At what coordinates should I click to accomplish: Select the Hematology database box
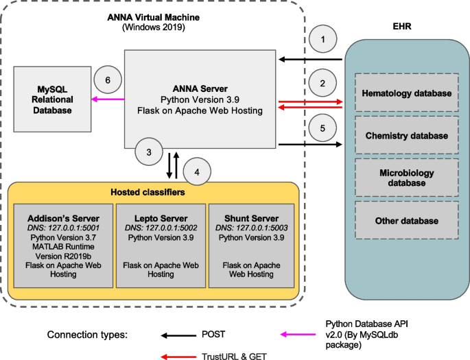(407, 93)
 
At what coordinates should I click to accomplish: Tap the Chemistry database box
(407, 136)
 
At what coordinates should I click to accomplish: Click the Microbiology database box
(407, 178)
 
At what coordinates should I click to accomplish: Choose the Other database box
(407, 221)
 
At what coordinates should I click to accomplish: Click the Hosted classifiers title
(152, 191)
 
